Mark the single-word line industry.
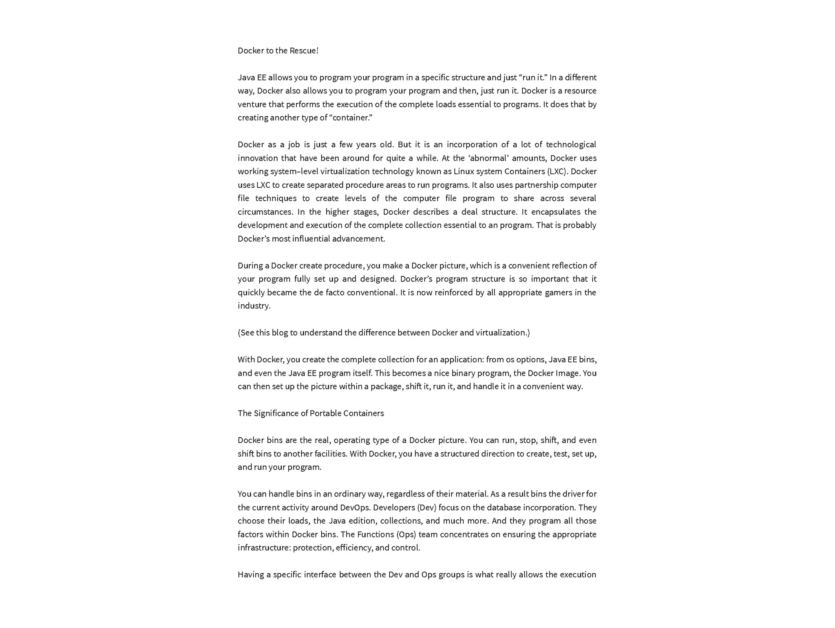254,306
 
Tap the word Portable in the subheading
325,413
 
